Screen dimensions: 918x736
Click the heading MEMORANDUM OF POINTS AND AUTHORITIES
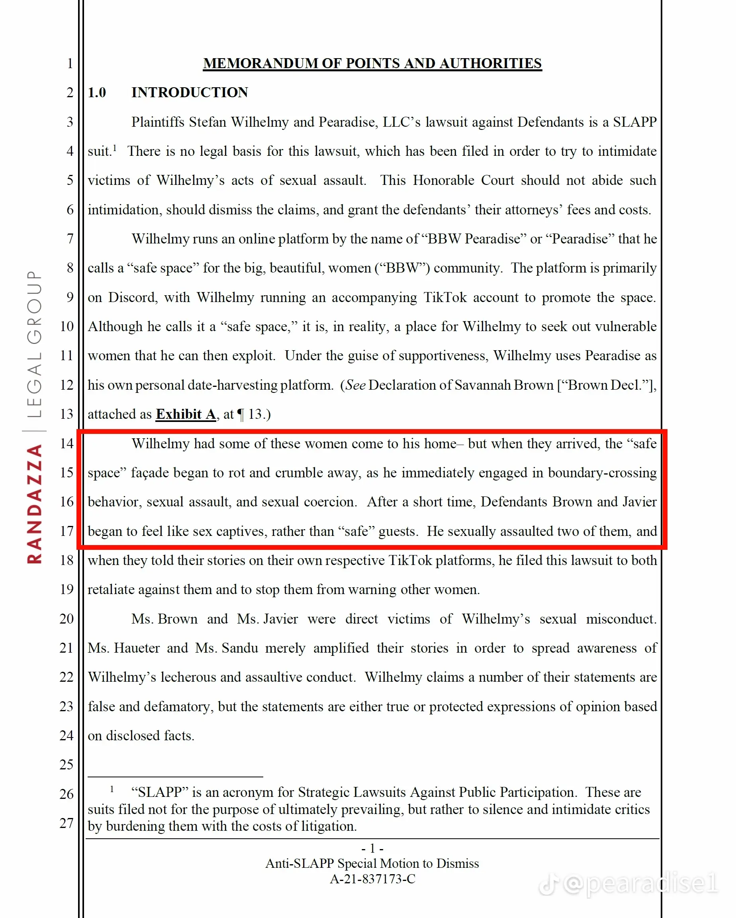tap(372, 63)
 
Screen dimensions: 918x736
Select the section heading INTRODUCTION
tap(190, 92)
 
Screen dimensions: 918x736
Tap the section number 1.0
tap(97, 92)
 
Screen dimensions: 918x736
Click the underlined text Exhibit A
tap(186, 414)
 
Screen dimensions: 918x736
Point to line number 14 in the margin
tap(67, 444)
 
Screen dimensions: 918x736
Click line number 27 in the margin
tap(67, 823)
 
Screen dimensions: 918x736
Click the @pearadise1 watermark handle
tap(640, 883)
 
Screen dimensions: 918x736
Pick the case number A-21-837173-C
tap(372, 879)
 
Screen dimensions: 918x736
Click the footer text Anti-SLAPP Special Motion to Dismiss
tap(372, 863)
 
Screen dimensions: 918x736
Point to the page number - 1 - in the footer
tap(372, 849)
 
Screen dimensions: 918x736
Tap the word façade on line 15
tap(149, 473)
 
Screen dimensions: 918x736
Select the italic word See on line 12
tap(355, 385)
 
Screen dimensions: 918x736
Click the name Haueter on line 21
tap(137, 648)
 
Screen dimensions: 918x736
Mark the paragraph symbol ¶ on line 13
tap(241, 415)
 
